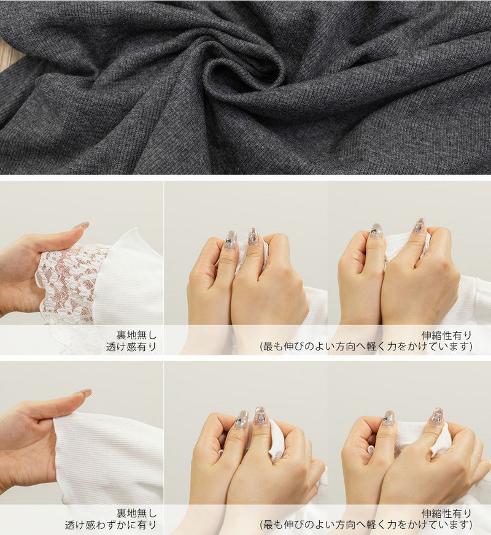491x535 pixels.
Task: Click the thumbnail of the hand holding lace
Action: [82, 268]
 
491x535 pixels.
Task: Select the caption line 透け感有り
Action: [131, 347]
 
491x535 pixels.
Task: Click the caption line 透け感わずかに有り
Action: [110, 525]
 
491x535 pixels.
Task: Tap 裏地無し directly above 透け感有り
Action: [136, 335]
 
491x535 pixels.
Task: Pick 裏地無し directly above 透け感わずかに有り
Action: [136, 513]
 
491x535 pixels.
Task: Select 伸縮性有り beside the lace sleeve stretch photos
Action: [447, 335]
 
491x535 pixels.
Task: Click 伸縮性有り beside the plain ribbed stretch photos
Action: [447, 513]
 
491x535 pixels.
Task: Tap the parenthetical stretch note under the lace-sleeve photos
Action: [366, 347]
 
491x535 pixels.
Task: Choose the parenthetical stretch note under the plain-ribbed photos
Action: [366, 525]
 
